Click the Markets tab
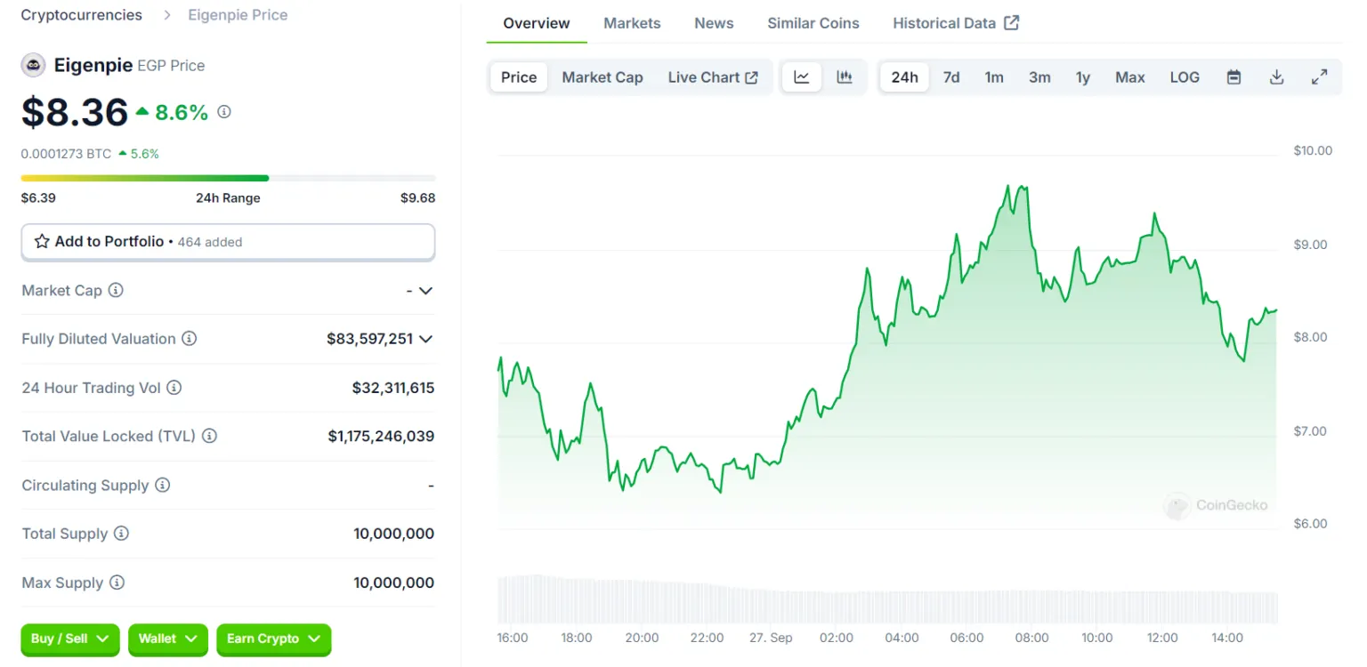(632, 23)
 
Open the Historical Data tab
(955, 23)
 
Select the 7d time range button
(951, 77)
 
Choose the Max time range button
(1129, 77)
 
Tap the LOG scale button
(1185, 77)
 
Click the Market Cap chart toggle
(602, 77)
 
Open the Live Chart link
(712, 77)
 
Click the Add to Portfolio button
(228, 242)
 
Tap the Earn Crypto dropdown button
(273, 639)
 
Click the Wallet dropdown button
(167, 639)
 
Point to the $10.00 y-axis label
(1313, 150)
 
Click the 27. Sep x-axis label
(771, 638)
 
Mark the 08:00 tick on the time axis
(1031, 638)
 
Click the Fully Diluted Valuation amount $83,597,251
(369, 339)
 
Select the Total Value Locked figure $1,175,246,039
(381, 436)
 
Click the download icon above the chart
(1276, 77)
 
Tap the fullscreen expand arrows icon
(1320, 77)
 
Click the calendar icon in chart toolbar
(1234, 77)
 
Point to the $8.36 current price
(75, 112)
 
